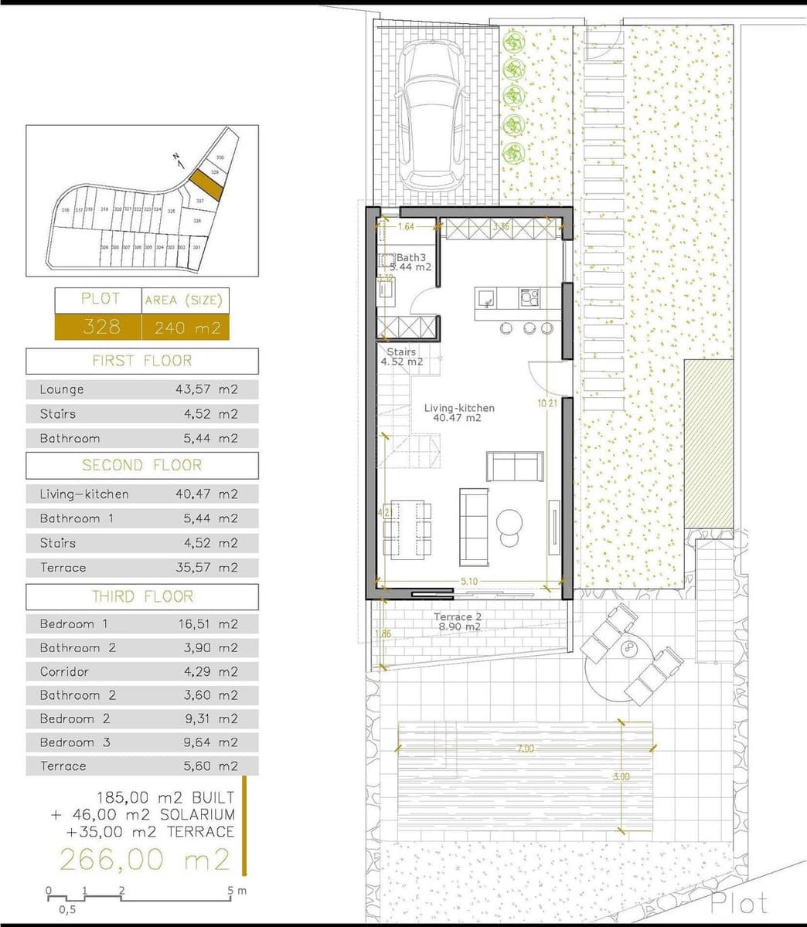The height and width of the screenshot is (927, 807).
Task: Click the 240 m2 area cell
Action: (186, 328)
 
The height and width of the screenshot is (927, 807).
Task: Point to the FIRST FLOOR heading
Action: (142, 361)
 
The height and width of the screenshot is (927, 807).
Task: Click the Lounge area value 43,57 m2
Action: (206, 389)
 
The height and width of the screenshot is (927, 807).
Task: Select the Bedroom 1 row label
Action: (74, 623)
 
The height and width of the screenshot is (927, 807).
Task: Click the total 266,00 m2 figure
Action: (145, 859)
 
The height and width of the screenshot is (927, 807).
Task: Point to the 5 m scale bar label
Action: (235, 891)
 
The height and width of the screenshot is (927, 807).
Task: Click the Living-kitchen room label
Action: (459, 408)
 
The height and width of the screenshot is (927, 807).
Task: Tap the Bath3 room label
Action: (410, 258)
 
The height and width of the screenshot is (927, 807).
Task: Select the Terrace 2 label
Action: (457, 617)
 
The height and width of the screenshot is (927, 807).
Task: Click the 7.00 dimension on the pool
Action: (525, 749)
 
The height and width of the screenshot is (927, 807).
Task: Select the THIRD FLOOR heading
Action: (142, 596)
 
